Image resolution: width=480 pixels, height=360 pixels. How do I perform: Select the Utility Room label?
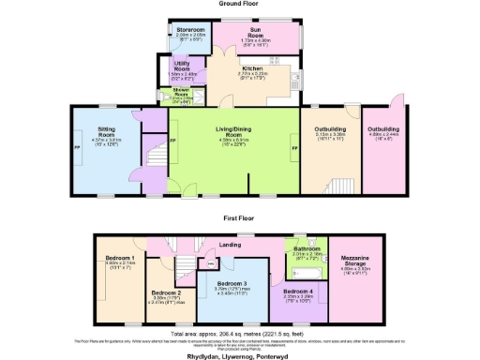coord(184,67)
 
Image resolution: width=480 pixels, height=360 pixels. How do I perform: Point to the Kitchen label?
coord(253,70)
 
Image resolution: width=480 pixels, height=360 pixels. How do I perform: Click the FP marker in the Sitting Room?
coord(76,149)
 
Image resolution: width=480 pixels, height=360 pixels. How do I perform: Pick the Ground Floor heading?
coord(239,4)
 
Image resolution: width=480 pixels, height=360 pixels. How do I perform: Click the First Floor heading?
coord(239,217)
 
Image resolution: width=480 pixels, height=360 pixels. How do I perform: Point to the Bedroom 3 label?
coord(232,284)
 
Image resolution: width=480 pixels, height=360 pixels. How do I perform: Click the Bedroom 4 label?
coord(298,293)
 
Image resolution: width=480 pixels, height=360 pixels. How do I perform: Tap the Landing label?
coord(231,246)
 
